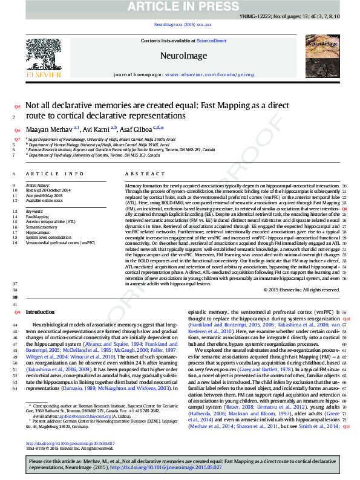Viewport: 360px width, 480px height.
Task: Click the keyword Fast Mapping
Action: tap(37, 216)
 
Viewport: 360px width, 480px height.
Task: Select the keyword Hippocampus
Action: tap(38, 232)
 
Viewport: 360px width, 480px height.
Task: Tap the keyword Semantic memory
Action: tap(41, 227)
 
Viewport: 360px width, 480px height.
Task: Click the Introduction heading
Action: tap(40, 312)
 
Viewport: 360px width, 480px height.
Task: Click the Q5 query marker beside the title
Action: tap(17, 106)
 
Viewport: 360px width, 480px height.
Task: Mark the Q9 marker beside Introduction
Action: tap(17, 312)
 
